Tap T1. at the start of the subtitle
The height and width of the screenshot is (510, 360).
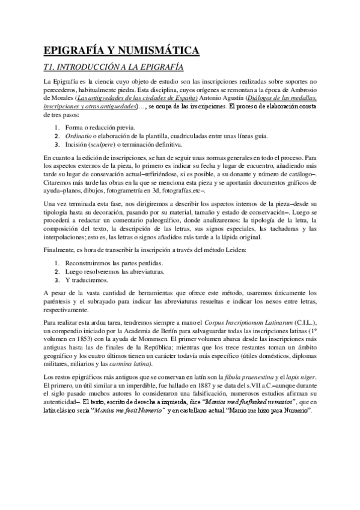click(52, 67)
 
